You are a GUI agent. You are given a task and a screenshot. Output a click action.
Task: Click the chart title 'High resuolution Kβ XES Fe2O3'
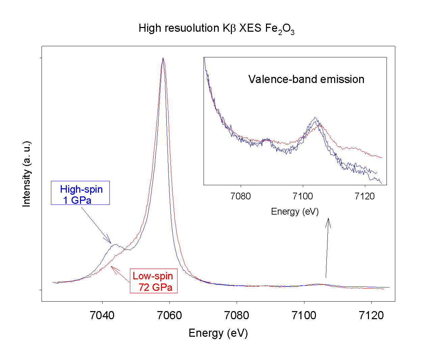click(x=216, y=28)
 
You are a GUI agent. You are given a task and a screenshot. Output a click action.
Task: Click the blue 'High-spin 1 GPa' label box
click(x=80, y=193)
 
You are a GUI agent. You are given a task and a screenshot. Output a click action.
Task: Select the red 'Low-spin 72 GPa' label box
click(x=154, y=281)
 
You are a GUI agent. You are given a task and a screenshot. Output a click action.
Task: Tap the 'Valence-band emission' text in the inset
click(x=306, y=79)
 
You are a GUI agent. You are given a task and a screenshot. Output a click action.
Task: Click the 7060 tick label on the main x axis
click(x=169, y=315)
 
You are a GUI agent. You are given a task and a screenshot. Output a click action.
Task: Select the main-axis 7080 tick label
click(x=237, y=315)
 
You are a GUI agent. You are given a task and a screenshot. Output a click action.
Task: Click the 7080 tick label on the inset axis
click(x=241, y=196)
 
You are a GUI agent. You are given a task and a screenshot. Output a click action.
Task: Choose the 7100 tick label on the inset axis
click(x=303, y=196)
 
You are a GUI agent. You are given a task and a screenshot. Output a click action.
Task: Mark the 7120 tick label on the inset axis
click(x=365, y=196)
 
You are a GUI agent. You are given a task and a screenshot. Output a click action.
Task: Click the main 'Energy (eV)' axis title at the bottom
click(x=218, y=333)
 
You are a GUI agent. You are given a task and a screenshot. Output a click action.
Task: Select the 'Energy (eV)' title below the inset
click(x=295, y=212)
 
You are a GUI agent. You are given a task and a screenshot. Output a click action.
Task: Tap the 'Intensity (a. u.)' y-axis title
click(x=27, y=174)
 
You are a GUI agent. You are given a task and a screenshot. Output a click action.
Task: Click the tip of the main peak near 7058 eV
click(x=163, y=58)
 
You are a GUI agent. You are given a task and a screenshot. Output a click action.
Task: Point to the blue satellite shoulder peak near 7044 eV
click(x=115, y=245)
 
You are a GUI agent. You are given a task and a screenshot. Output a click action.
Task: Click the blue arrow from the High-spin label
click(x=96, y=224)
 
